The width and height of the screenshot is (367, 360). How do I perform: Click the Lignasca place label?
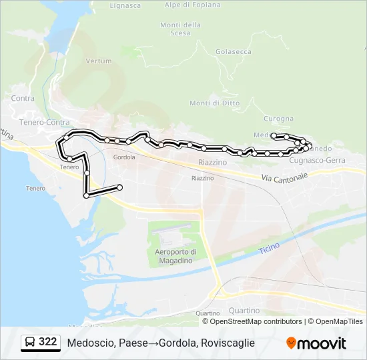click(x=125, y=5)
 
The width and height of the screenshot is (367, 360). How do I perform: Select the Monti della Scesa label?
click(x=180, y=29)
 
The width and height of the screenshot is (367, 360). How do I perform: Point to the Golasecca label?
click(x=234, y=51)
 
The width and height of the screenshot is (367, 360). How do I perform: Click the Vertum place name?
click(x=99, y=61)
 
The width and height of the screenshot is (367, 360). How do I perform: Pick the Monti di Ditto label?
click(x=214, y=103)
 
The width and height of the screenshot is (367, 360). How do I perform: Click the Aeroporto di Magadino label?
click(x=175, y=256)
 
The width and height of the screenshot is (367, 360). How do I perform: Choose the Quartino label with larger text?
click(x=244, y=311)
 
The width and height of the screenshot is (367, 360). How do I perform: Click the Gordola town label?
click(x=124, y=157)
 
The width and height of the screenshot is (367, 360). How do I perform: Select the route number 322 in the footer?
click(x=48, y=342)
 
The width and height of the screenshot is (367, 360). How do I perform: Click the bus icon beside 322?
click(x=30, y=343)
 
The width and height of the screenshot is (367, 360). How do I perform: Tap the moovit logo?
click(x=316, y=343)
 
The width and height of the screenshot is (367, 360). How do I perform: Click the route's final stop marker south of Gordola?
click(x=119, y=187)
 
